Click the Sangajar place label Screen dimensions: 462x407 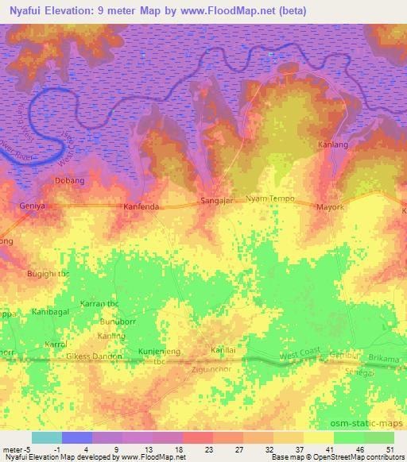(x=216, y=202)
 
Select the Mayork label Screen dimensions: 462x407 (x=330, y=208)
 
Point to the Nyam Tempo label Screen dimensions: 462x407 (x=270, y=198)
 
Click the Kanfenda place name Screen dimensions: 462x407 (x=143, y=207)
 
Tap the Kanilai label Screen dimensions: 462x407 (x=223, y=350)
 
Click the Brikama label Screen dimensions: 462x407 (x=385, y=359)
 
